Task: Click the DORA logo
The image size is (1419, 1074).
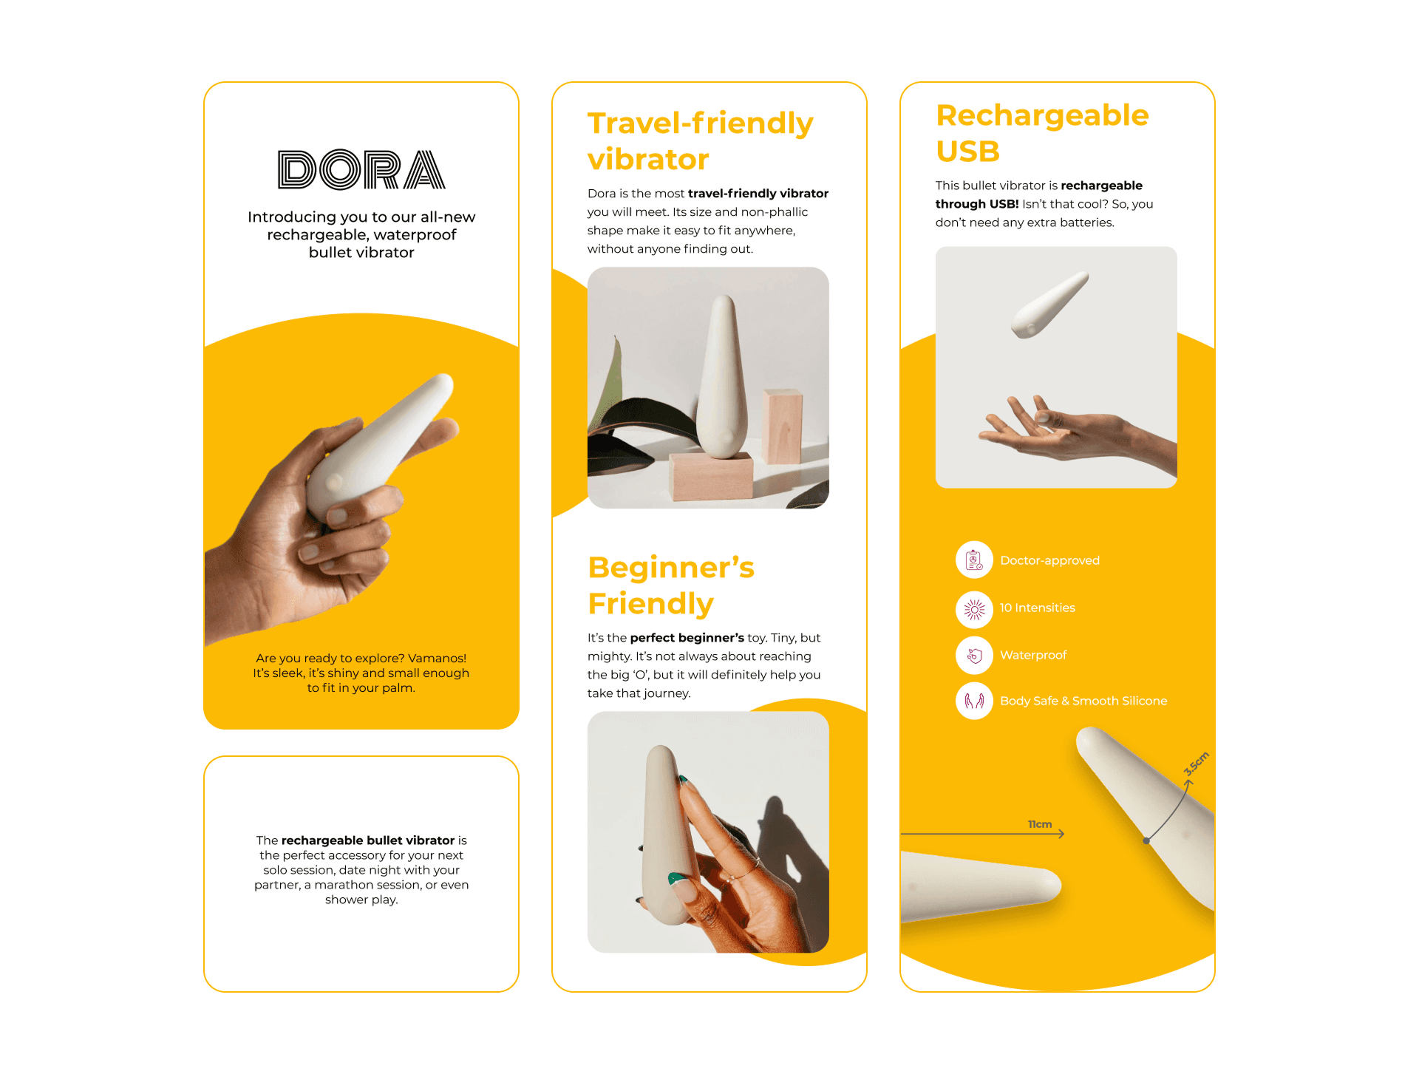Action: coord(361,170)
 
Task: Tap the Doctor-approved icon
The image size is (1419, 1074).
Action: coord(974,560)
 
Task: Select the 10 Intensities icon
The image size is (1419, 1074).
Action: coord(974,608)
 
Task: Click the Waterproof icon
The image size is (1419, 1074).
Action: coord(974,655)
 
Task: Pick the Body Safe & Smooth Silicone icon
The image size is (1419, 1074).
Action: coord(974,701)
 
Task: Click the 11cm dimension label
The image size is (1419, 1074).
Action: coord(1040,824)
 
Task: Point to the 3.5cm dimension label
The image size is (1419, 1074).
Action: coord(1196,764)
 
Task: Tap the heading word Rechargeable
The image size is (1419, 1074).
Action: coord(1042,116)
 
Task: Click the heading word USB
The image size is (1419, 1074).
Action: coord(967,152)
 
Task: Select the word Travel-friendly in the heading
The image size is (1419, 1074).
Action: coord(700,123)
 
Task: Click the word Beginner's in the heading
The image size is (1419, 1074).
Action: coord(671,568)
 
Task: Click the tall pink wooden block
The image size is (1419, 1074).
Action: coord(783,426)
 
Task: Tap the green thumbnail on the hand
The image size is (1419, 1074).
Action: coord(676,879)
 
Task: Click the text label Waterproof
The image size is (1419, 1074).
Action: coord(1033,655)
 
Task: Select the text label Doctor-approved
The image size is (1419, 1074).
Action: coord(1049,560)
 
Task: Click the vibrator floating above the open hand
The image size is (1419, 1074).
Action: coord(1049,305)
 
